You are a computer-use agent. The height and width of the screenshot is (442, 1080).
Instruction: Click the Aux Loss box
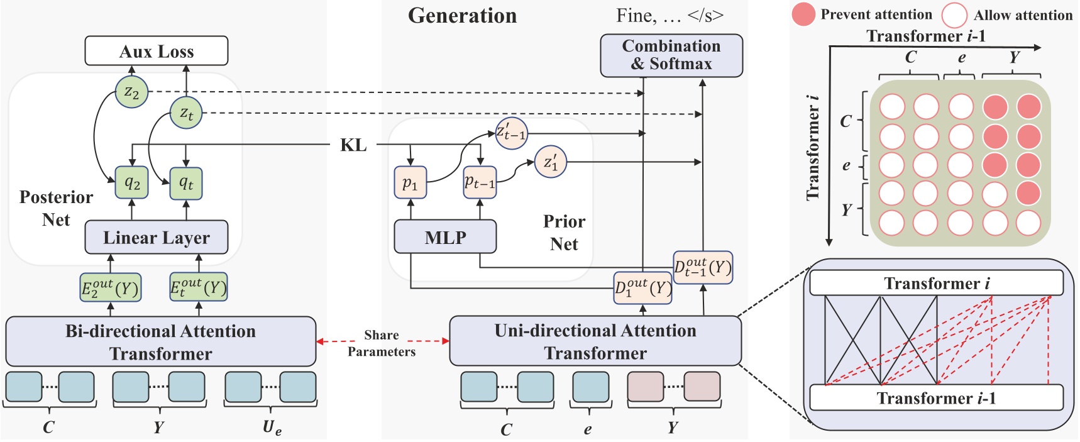[157, 51]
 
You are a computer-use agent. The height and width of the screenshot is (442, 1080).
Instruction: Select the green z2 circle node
[131, 92]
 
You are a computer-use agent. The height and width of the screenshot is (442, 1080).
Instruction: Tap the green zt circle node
[186, 113]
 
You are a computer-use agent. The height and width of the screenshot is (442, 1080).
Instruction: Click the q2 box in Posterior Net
[131, 183]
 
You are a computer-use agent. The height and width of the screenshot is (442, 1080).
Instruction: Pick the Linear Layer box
[157, 238]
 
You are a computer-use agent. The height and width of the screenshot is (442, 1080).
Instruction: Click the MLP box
[445, 237]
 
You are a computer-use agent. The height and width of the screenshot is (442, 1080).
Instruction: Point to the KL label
[353, 145]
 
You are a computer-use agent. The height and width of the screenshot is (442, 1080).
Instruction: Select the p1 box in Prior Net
[410, 183]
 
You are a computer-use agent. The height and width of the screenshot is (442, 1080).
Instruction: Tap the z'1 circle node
[551, 162]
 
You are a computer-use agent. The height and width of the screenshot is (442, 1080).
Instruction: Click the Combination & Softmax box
[671, 55]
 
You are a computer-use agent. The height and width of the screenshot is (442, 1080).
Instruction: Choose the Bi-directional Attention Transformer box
[161, 342]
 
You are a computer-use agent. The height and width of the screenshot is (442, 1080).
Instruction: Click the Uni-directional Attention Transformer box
[595, 341]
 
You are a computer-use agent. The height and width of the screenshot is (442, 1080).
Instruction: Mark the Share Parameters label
[382, 343]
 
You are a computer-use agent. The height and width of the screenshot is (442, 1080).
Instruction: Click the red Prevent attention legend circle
[803, 14]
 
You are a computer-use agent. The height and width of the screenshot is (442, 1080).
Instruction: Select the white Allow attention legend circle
[954, 15]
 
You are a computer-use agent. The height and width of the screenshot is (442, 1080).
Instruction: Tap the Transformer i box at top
[936, 283]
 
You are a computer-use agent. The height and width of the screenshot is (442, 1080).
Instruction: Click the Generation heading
[462, 16]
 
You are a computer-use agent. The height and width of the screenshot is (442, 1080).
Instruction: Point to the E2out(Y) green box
[110, 288]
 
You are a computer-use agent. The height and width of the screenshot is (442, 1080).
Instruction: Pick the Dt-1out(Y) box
[702, 267]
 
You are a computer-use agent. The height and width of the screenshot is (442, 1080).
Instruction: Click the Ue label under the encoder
[272, 428]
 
